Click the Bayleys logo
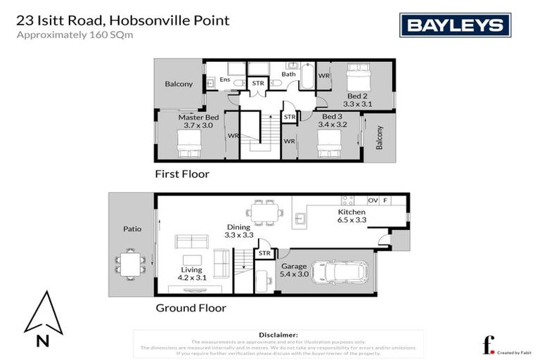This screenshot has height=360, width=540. pos(455,25)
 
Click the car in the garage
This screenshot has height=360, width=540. pos(340,271)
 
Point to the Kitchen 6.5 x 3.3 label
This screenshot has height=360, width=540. pos(351,215)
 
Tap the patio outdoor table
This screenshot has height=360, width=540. pos(129,263)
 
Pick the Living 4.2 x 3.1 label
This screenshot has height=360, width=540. pos(191,274)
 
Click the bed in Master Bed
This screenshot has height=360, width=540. pos(190,146)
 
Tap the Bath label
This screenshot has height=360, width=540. pos(288,74)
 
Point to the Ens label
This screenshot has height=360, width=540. pos(225,80)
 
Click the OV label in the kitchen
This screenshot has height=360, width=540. pos(373,200)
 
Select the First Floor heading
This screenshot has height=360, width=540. pos(182,174)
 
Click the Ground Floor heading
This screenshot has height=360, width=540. pos(191,307)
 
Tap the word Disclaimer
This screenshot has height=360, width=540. pos(278,335)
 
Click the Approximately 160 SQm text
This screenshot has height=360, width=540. pos(75,34)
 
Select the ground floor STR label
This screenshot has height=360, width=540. pos(264,253)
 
